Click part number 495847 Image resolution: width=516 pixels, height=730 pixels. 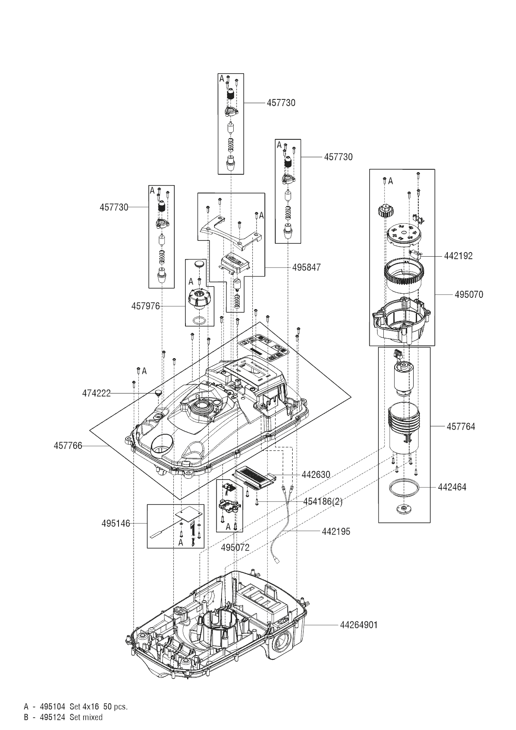tap(306, 267)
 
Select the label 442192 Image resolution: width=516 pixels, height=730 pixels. tap(458, 256)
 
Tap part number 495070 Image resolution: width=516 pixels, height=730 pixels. tap(469, 295)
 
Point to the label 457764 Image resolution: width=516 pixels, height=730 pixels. tap(461, 427)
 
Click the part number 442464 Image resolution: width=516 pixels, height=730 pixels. tap(452, 487)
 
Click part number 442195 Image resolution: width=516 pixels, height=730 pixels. tap(336, 532)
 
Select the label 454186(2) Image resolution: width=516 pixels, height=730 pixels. tap(323, 502)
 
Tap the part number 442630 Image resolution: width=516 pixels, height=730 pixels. tap(316, 475)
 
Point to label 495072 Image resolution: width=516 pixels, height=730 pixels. tap(235, 548)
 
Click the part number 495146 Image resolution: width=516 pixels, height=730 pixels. tap(116, 524)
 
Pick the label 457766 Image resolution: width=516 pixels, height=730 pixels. tap(68, 446)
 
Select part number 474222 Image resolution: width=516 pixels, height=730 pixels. tap(96, 393)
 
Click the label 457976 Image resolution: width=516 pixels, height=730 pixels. tap(146, 307)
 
